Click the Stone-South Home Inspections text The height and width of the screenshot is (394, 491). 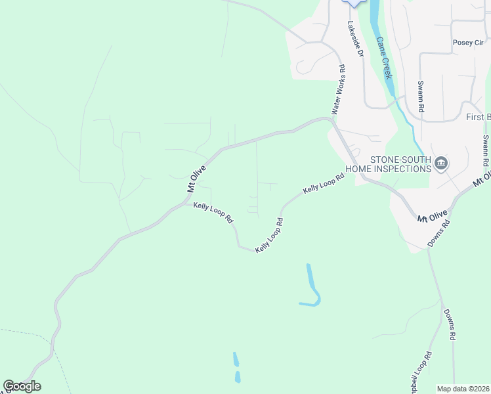(399, 164)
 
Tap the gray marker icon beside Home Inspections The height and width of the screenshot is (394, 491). (441, 164)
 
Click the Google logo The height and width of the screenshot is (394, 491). (22, 386)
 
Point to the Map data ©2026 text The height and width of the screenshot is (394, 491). (463, 389)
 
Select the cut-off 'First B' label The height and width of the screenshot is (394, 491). (478, 118)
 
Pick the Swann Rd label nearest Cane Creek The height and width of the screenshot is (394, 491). (421, 97)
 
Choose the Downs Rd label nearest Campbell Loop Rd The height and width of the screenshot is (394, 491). (450, 324)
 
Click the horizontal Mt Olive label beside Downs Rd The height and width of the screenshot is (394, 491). (433, 215)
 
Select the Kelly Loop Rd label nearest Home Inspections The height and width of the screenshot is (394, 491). (323, 184)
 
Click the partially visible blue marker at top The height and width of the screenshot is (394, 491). (355, 3)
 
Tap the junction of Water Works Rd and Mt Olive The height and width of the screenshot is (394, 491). (330, 120)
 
